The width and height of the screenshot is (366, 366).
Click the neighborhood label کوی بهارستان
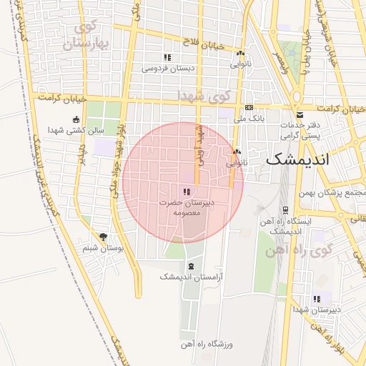(89, 36)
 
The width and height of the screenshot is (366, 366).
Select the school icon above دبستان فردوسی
(167, 58)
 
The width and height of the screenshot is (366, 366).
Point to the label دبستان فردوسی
(168, 69)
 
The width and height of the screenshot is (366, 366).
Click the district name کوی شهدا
(205, 95)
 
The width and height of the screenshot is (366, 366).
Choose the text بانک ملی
(249, 119)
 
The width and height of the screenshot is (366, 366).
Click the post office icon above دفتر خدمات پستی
(300, 114)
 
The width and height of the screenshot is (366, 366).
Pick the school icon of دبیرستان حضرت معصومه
(187, 192)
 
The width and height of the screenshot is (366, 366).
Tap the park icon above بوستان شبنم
(104, 237)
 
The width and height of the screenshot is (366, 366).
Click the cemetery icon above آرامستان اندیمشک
(190, 265)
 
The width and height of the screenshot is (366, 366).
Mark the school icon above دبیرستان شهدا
(318, 299)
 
